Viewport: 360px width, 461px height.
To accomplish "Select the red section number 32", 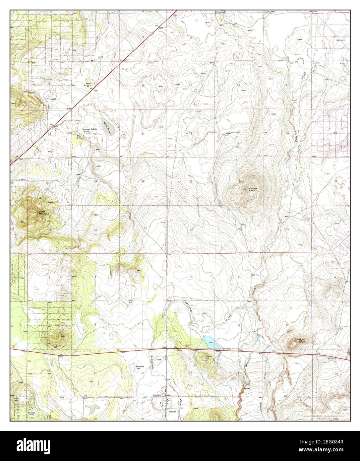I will pyautogui.click(x=95, y=230).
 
